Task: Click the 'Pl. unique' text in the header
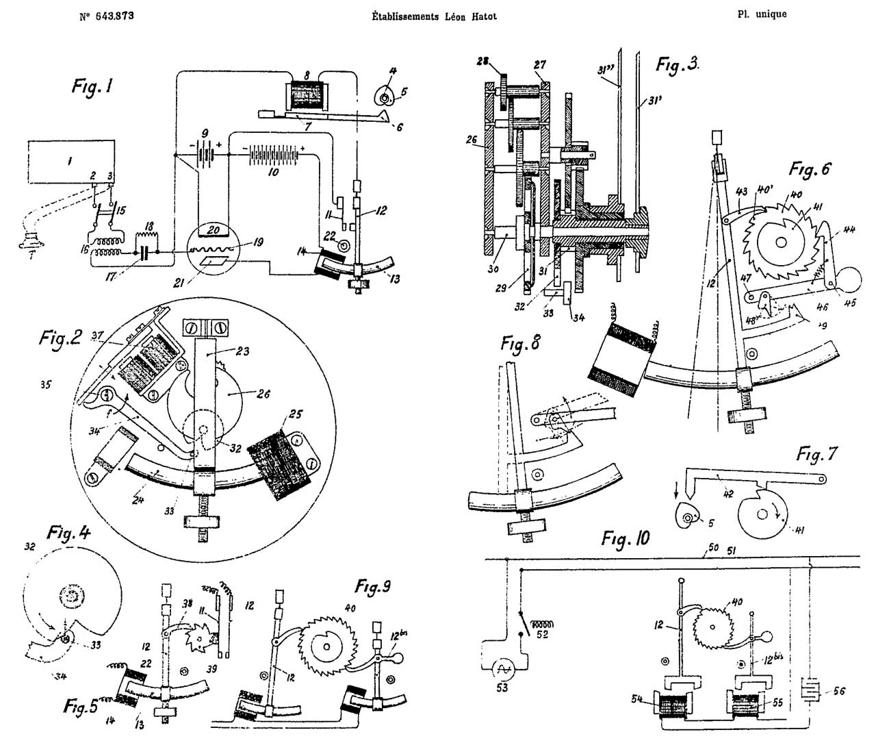[762, 14]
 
